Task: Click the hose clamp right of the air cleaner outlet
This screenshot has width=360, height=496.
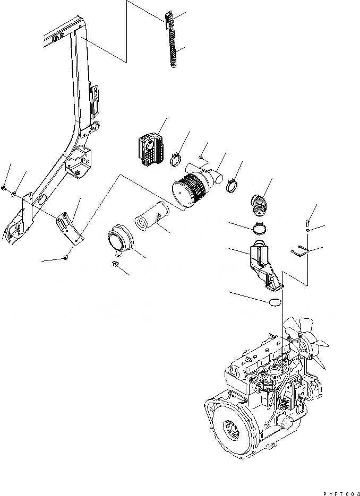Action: (232, 185)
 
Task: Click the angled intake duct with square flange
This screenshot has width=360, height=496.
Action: (265, 265)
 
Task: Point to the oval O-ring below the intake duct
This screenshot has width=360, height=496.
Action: (275, 302)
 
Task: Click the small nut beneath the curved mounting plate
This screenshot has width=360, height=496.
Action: (65, 257)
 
